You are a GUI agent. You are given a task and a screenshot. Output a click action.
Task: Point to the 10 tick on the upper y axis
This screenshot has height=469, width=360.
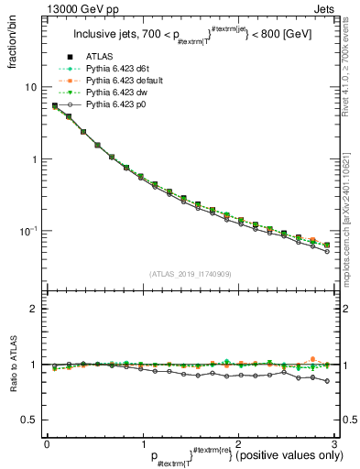click(30, 87)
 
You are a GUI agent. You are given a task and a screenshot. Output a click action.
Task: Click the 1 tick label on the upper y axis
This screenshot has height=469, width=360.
click(33, 159)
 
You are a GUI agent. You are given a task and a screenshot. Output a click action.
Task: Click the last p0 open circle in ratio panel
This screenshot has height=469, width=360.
click(327, 381)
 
